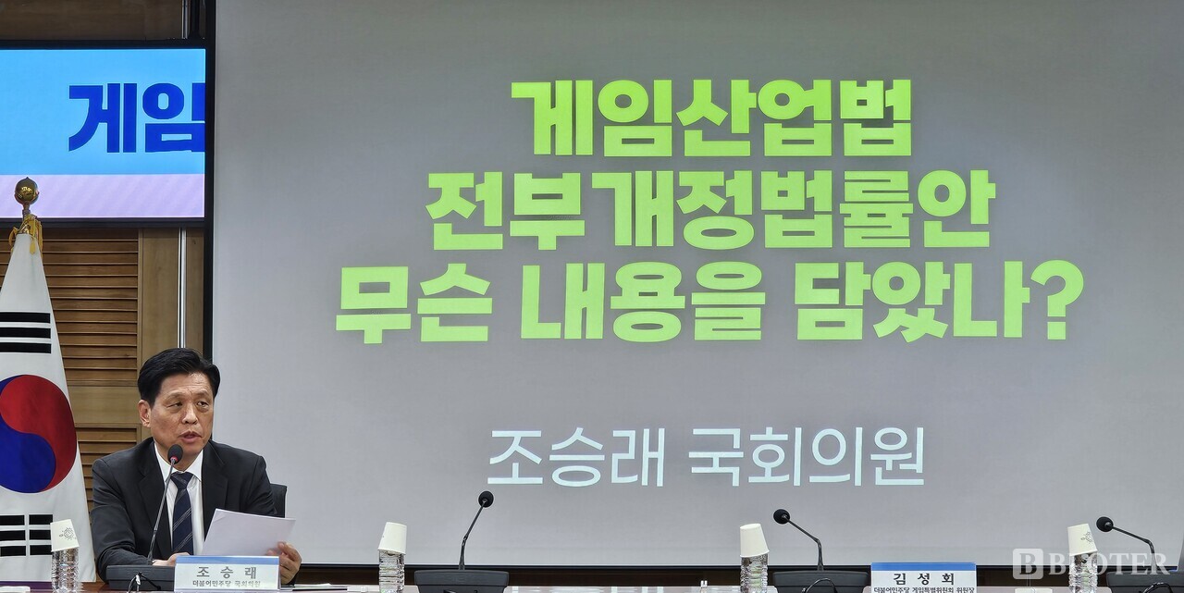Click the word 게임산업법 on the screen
(710, 117)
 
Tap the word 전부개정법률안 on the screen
(709, 209)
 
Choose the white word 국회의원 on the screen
(807, 456)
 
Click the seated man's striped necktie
(181, 513)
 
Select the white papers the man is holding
(246, 534)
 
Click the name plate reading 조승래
(227, 572)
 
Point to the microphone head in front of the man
(175, 454)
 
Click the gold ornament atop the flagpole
(26, 192)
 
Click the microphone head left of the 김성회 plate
(782, 516)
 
